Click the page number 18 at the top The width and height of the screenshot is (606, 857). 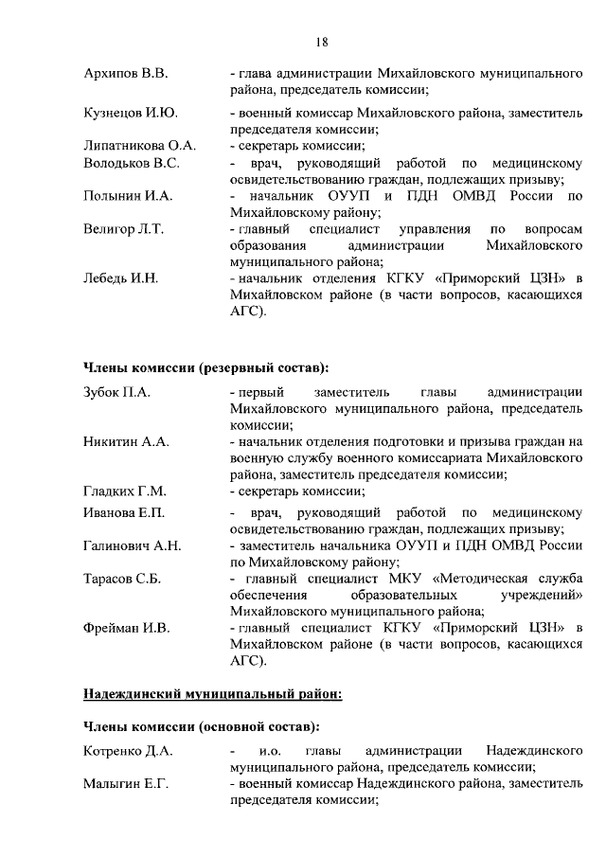coord(321,41)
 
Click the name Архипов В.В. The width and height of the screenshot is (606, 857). coord(126,74)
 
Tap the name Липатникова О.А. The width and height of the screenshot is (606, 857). coord(140,146)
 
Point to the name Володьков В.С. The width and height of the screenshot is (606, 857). coord(132,164)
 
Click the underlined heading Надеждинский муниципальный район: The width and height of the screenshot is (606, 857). coord(212,693)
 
